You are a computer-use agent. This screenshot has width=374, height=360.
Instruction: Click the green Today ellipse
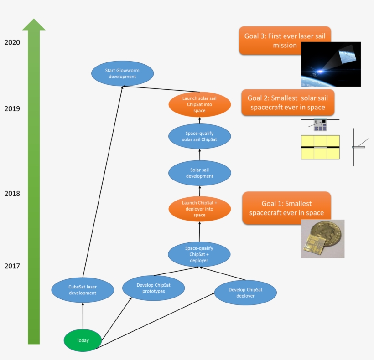click(83, 340)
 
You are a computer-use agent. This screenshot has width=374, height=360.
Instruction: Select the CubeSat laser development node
click(83, 290)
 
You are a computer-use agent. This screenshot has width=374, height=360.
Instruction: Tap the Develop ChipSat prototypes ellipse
click(154, 288)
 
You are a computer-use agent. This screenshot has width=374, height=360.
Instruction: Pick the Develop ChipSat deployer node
click(245, 293)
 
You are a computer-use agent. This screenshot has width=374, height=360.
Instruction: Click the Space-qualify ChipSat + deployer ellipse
click(199, 254)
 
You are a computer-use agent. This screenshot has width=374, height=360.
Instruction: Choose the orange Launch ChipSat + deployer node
click(199, 209)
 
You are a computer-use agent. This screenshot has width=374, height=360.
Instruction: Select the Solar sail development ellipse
click(199, 173)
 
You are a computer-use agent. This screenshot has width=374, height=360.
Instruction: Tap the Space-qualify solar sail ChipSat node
click(199, 136)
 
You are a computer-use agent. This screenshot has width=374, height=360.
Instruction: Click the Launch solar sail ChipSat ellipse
click(199, 104)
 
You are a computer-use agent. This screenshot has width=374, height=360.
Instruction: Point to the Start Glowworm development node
click(122, 73)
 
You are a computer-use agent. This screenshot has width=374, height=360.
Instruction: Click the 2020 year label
click(12, 42)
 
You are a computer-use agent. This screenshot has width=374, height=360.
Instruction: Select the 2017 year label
click(12, 266)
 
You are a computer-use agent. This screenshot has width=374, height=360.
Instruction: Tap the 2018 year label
click(12, 194)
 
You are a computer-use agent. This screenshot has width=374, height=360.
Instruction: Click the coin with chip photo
click(322, 239)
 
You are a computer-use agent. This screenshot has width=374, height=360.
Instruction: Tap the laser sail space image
click(331, 65)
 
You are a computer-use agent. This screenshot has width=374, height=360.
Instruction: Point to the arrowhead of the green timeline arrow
click(34, 25)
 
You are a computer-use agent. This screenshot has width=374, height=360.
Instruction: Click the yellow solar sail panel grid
click(320, 147)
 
